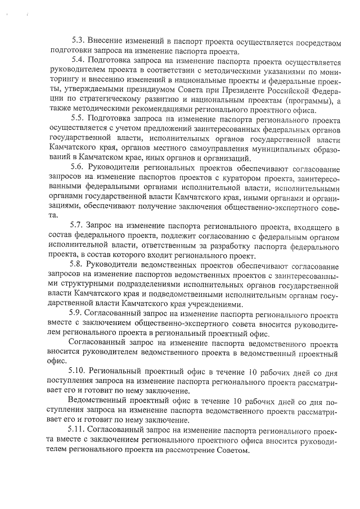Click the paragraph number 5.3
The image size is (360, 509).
78,41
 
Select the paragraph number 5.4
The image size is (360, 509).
78,60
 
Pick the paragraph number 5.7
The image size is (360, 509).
78,227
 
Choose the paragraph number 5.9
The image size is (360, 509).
78,314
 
